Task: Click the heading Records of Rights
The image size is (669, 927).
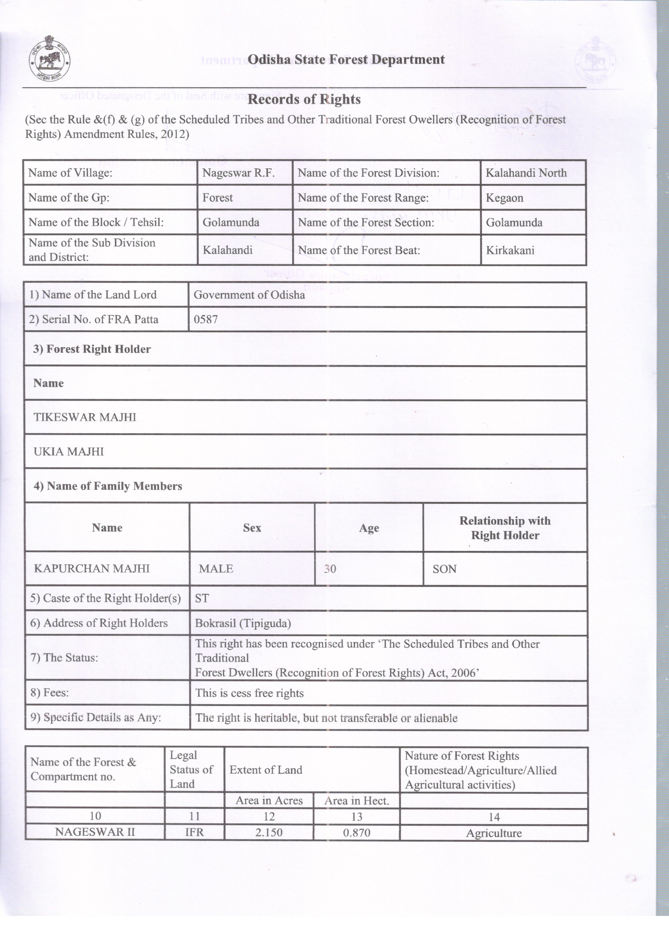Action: tap(304, 99)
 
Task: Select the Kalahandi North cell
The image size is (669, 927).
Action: tap(526, 173)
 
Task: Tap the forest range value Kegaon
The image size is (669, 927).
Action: tap(504, 198)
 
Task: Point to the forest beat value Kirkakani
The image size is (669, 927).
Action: tap(510, 250)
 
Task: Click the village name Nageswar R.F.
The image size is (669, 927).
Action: tap(238, 173)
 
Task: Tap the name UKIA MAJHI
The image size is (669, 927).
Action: tap(69, 452)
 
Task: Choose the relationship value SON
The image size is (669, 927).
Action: tap(444, 569)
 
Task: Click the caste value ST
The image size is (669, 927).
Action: tap(202, 598)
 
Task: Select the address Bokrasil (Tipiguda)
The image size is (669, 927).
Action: tap(243, 623)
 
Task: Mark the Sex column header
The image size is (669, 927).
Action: tap(252, 528)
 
